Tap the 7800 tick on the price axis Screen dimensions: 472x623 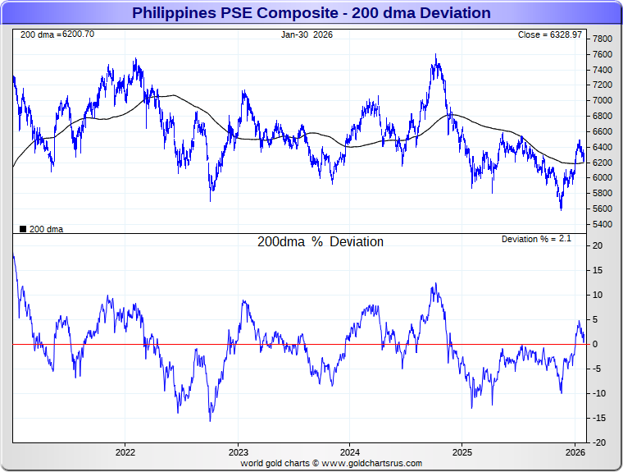(x=603, y=39)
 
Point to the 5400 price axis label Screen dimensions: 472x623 (x=603, y=223)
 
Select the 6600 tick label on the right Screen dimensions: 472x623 (x=603, y=131)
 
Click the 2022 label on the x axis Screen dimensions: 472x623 (x=125, y=451)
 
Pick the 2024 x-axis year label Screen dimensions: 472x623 (x=350, y=451)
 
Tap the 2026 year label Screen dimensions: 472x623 (x=575, y=451)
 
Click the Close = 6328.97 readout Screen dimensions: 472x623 (x=550, y=34)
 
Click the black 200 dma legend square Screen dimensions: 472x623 (x=22, y=229)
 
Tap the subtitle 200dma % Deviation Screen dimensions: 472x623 (x=320, y=242)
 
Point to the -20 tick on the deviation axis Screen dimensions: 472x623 (x=599, y=442)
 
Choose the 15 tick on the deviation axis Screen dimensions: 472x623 (x=599, y=270)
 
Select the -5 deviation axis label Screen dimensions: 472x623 (x=599, y=369)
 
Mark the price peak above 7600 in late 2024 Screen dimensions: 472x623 (x=436, y=56)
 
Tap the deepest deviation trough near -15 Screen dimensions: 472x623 (x=210, y=421)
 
